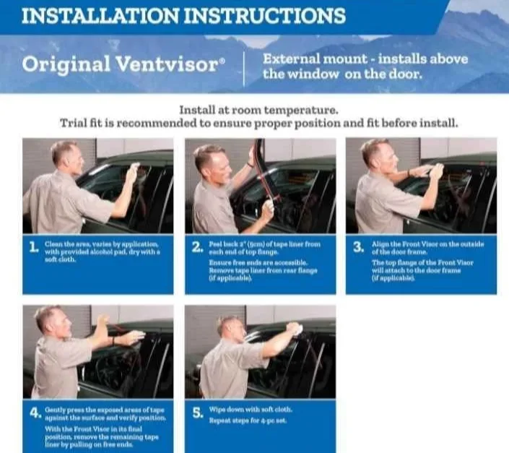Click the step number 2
tap(196, 249)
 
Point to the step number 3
tap(358, 249)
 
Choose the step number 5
tap(196, 414)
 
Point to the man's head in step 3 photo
tap(375, 154)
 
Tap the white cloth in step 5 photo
tap(293, 329)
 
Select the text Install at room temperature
tap(258, 111)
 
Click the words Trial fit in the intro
tap(80, 124)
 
